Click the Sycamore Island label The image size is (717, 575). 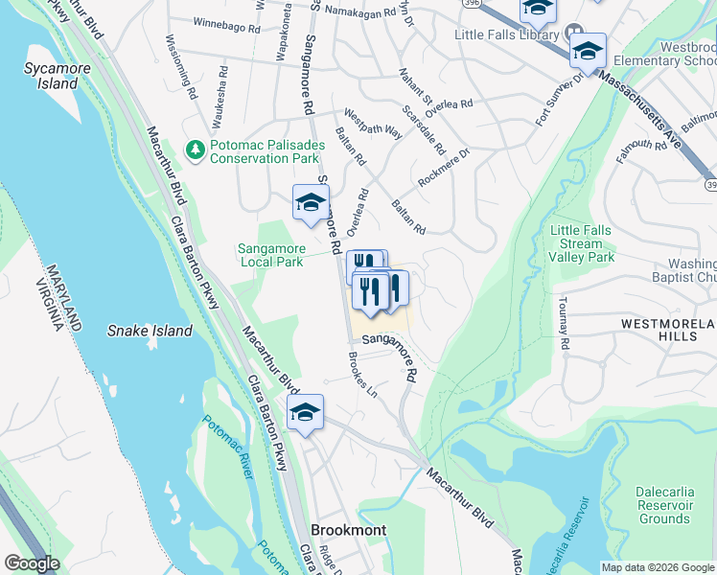tap(51, 75)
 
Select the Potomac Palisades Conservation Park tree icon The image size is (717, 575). tap(196, 149)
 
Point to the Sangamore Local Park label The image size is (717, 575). tap(270, 255)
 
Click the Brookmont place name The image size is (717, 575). tap(349, 530)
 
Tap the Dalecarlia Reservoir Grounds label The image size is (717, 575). tap(663, 505)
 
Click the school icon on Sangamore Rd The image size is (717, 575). tap(310, 202)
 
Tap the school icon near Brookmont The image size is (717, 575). tap(305, 412)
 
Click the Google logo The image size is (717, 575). tap(31, 563)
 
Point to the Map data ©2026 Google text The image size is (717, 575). tap(657, 567)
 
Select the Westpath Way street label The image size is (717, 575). tap(373, 122)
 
